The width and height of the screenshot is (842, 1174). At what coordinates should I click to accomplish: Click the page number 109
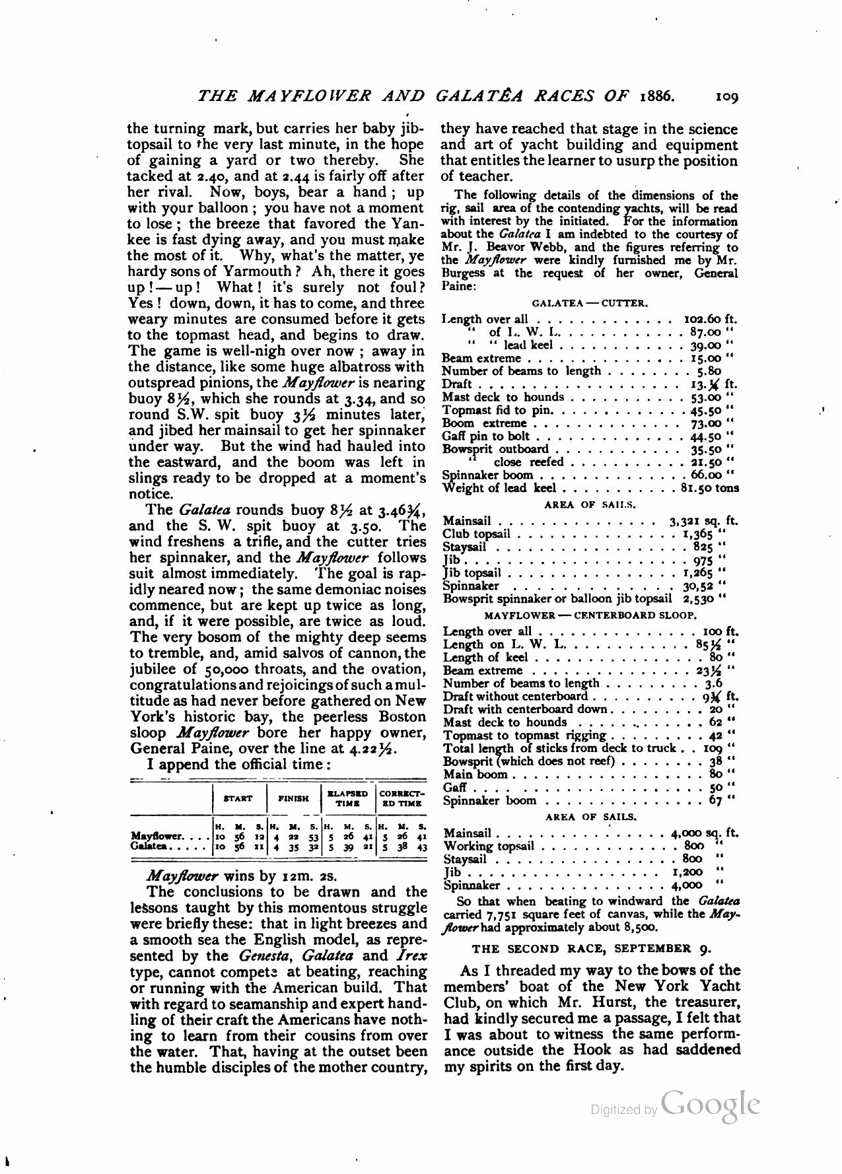point(726,96)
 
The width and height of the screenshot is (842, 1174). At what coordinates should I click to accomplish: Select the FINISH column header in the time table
point(294,798)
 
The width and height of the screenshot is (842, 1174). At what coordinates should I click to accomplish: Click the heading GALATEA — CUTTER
point(590,304)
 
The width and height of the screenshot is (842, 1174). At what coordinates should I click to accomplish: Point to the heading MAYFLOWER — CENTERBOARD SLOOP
point(590,615)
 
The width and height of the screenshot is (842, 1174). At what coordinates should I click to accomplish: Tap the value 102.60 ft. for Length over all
point(709,318)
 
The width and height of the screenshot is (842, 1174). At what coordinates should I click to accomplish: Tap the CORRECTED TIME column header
point(402,798)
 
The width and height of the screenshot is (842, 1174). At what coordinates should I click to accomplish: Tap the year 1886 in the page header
point(657,96)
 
